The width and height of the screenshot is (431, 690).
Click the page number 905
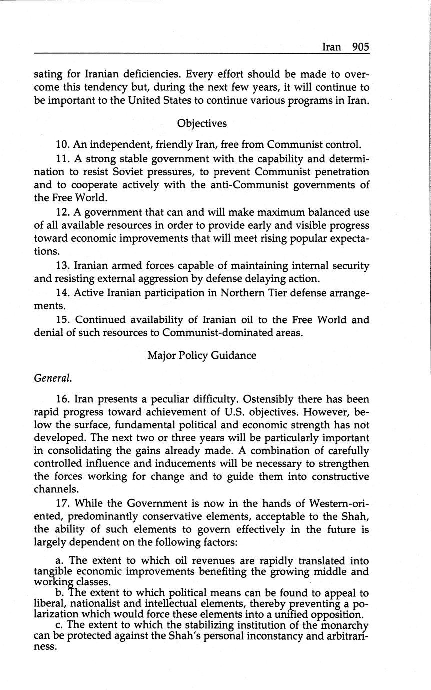tap(360, 47)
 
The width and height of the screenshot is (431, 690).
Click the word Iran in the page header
tap(331, 47)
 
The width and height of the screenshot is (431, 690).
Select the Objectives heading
tap(202, 123)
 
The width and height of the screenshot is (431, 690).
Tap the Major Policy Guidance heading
tap(202, 355)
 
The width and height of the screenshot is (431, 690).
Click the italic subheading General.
tap(53, 378)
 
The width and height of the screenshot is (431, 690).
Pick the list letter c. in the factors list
tap(60, 625)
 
